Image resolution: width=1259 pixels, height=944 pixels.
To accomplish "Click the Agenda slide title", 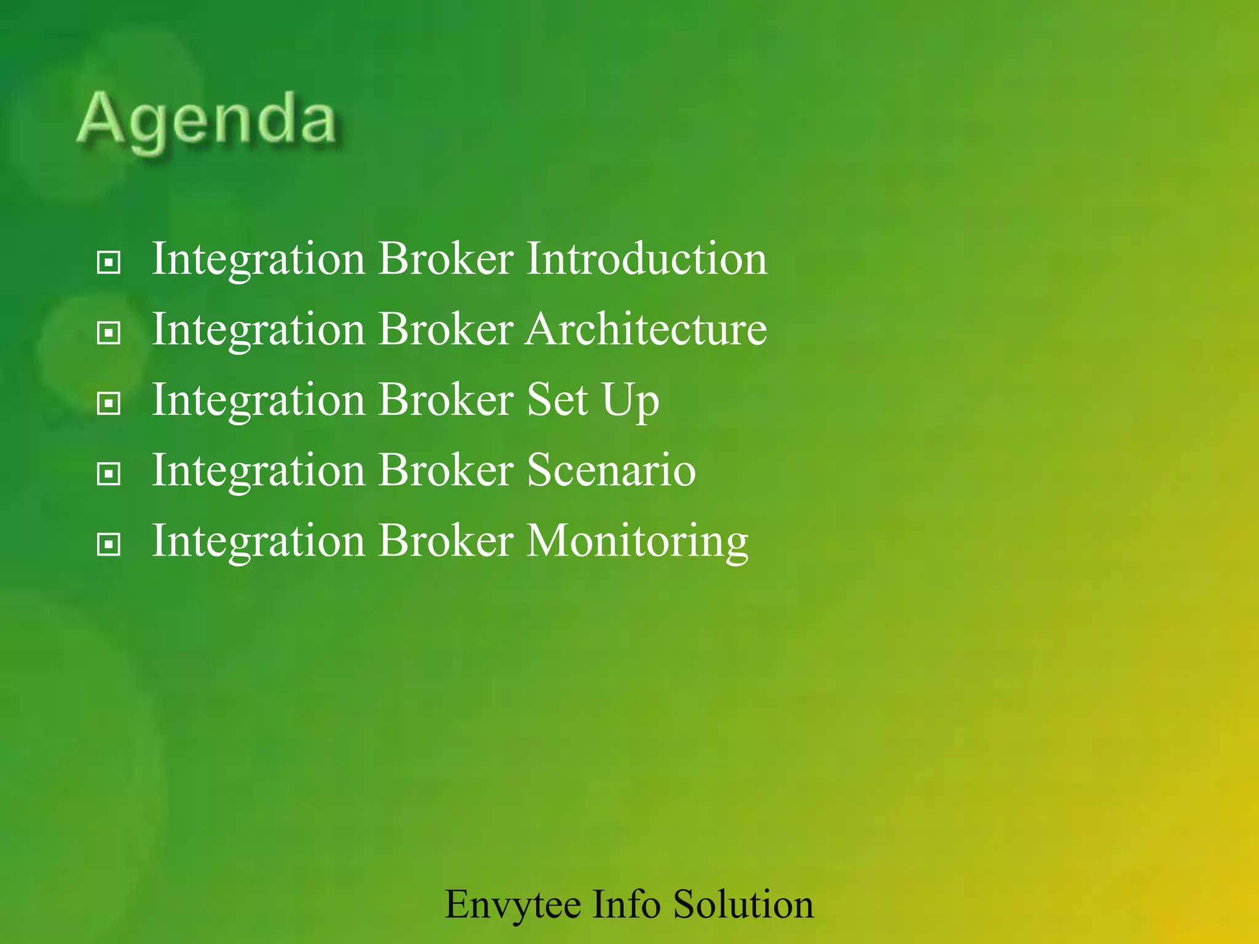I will click(x=207, y=120).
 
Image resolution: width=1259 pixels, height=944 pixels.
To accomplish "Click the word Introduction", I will click(x=647, y=259).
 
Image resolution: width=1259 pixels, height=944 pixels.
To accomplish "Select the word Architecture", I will click(x=646, y=329).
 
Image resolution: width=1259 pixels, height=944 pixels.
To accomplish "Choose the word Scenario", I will click(x=611, y=471).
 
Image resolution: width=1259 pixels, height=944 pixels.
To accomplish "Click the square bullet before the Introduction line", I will click(x=109, y=263).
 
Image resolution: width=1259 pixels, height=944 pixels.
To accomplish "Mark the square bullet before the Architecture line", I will click(x=109, y=334).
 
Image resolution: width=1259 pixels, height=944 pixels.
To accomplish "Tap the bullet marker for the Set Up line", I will click(x=109, y=404).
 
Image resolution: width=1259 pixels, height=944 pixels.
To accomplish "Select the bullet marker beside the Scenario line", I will click(x=109, y=474).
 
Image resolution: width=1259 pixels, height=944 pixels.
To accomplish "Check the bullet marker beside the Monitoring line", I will click(x=109, y=545).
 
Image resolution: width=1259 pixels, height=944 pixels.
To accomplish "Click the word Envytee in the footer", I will click(x=513, y=905).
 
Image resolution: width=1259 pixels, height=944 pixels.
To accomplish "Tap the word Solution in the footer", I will click(x=743, y=904).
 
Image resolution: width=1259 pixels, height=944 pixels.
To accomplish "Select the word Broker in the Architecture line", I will click(x=445, y=329).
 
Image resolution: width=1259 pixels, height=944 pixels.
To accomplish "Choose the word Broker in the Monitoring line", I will click(x=445, y=541).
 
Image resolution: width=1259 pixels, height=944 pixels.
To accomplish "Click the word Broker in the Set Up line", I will click(x=445, y=400).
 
